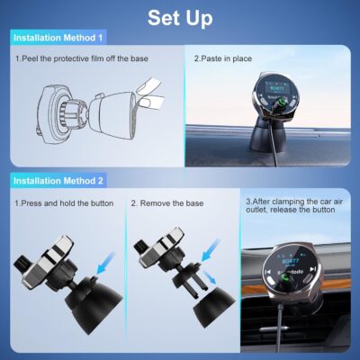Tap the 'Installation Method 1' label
tap(58, 38)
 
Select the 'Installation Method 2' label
tap(58, 181)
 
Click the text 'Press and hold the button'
tap(64, 203)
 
